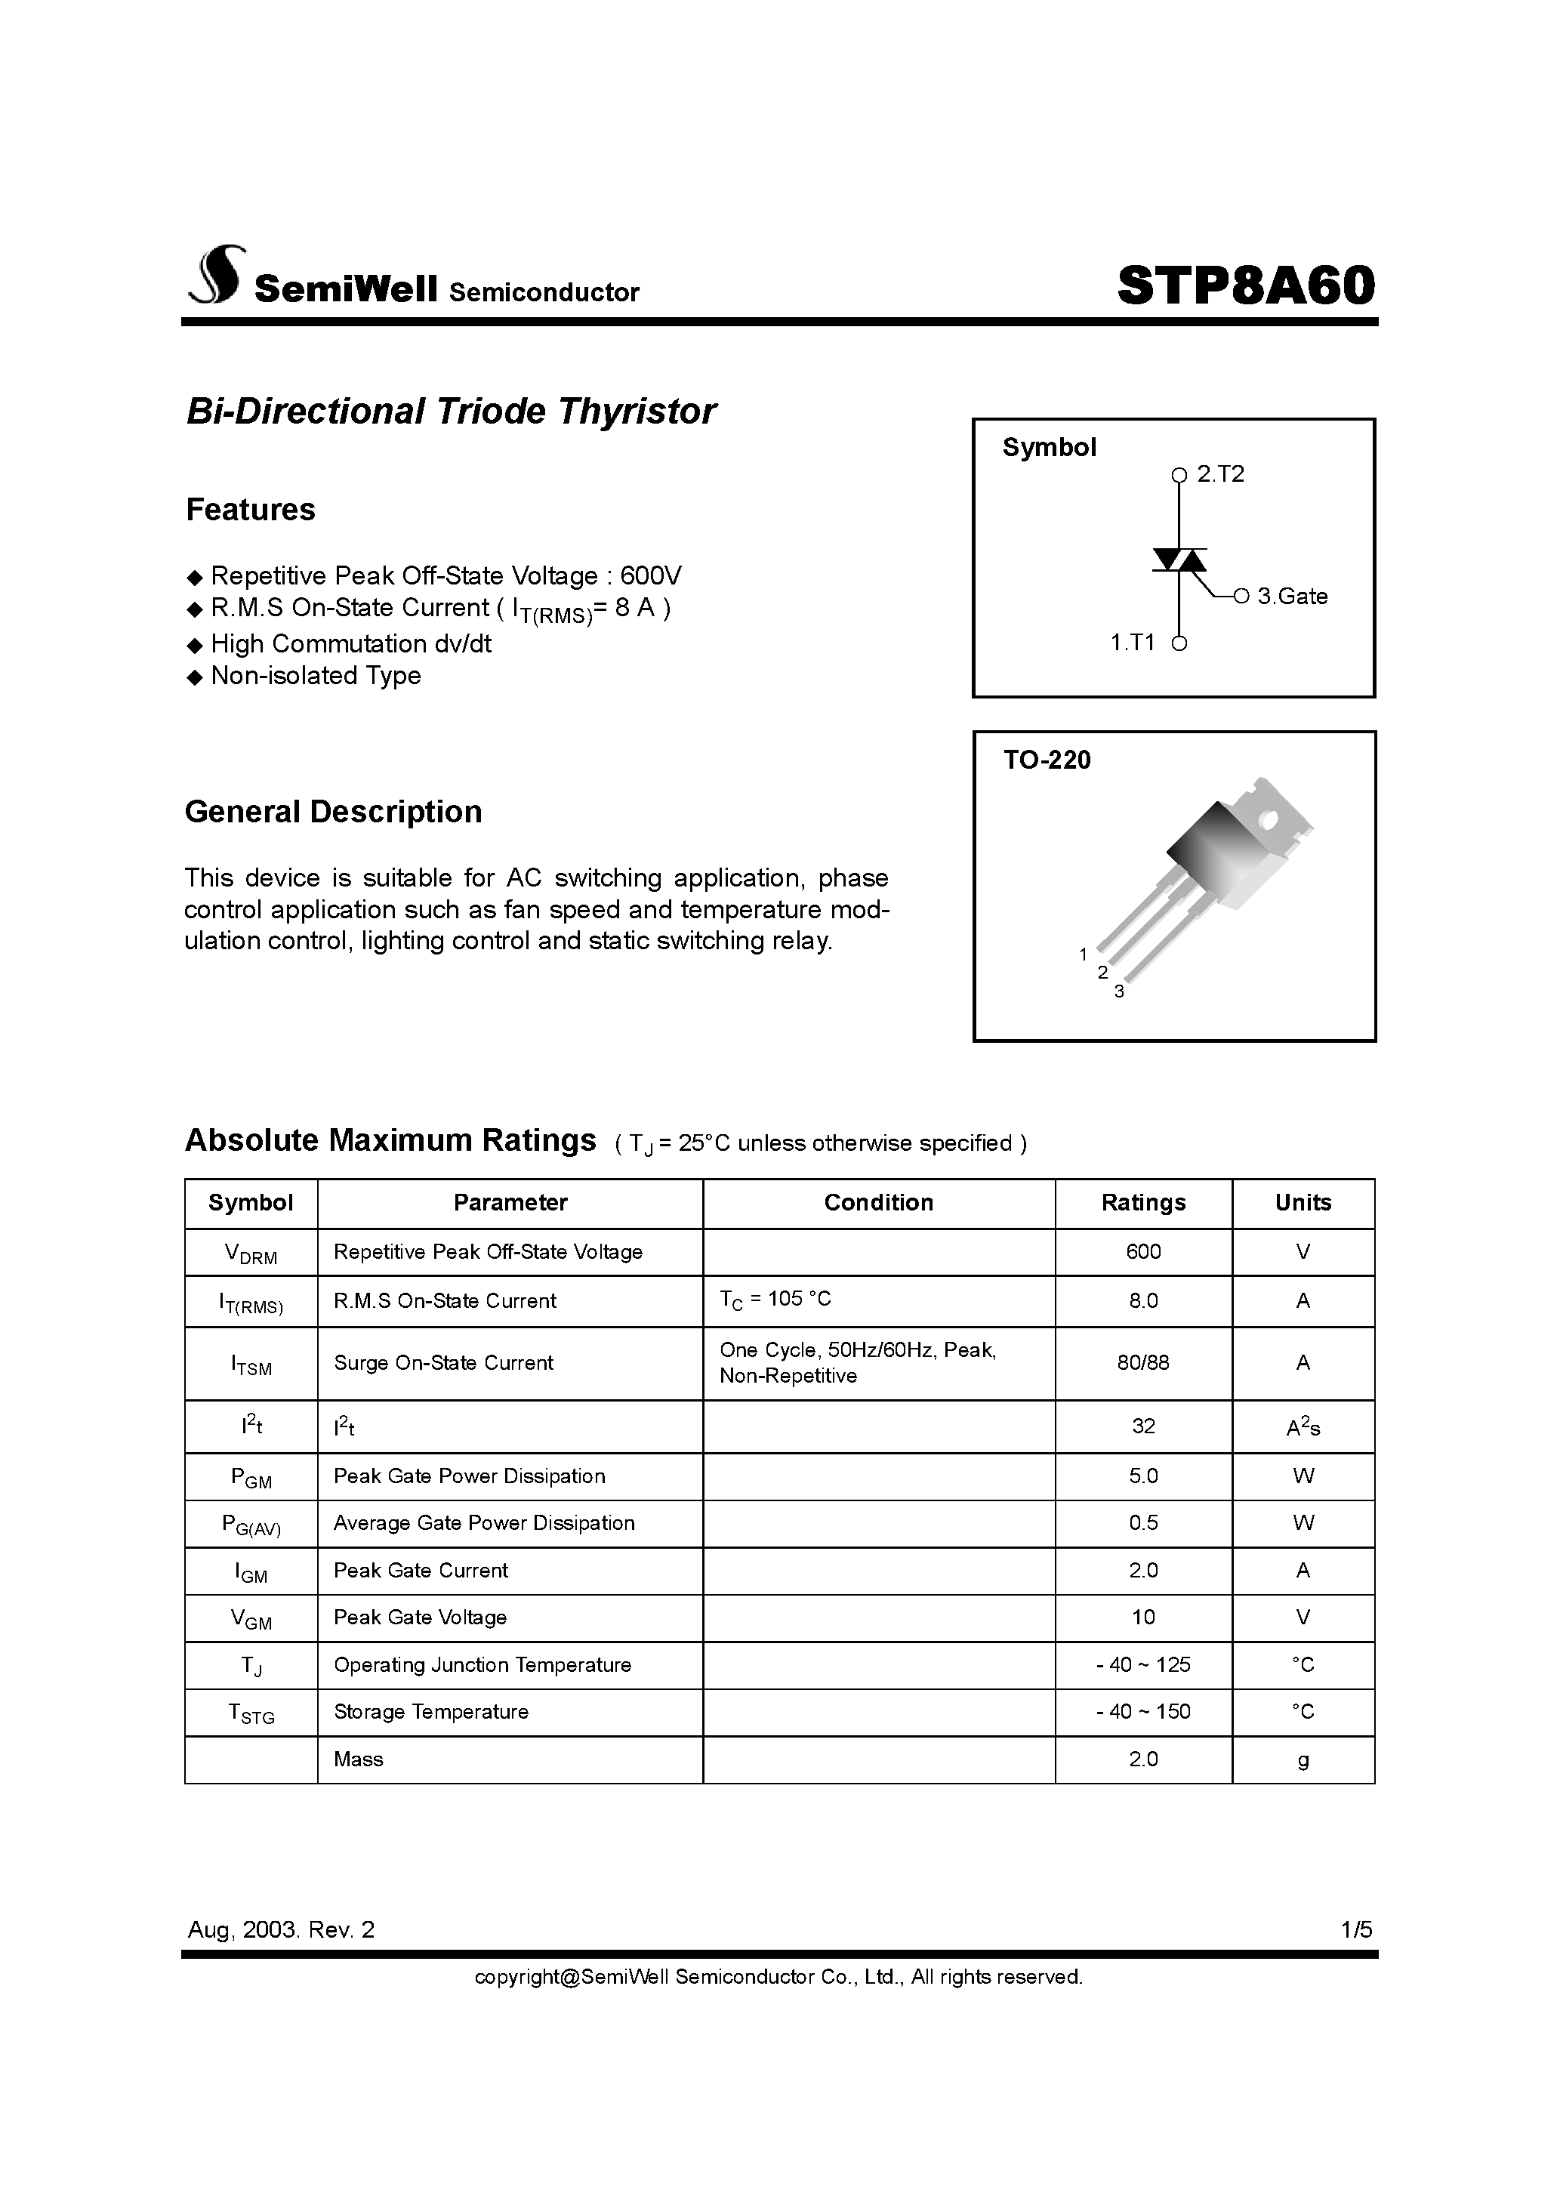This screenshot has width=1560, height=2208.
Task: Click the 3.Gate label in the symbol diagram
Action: pos(1292,597)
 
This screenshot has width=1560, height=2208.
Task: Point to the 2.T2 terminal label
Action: pos(1219,474)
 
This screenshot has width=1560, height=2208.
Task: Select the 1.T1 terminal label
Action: pos(1132,643)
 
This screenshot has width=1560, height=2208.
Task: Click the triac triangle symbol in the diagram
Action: pos(1179,560)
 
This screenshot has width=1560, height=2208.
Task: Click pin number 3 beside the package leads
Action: pos(1118,991)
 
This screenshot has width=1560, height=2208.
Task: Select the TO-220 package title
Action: pos(1047,760)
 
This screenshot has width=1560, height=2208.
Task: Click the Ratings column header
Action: pos(1142,1202)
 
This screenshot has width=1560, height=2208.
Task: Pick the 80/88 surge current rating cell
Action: pos(1142,1363)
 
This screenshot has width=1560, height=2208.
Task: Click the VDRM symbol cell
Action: pos(250,1253)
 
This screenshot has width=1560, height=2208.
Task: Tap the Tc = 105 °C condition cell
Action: pos(775,1300)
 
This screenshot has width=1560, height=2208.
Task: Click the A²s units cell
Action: pos(1303,1427)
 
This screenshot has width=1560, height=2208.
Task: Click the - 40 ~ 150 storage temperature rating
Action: pos(1142,1712)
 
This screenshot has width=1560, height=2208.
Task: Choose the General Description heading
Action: pos(333,812)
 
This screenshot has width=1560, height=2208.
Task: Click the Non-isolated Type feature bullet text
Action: pos(316,675)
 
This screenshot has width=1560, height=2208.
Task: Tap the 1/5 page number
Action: pos(1356,1929)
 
